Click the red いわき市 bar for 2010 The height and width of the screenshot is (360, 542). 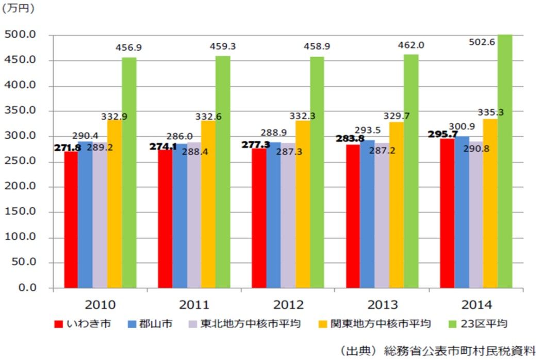(71, 219)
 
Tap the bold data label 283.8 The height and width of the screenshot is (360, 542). (349, 138)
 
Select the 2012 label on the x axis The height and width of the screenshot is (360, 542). (288, 304)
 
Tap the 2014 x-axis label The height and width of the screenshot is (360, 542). (477, 304)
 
